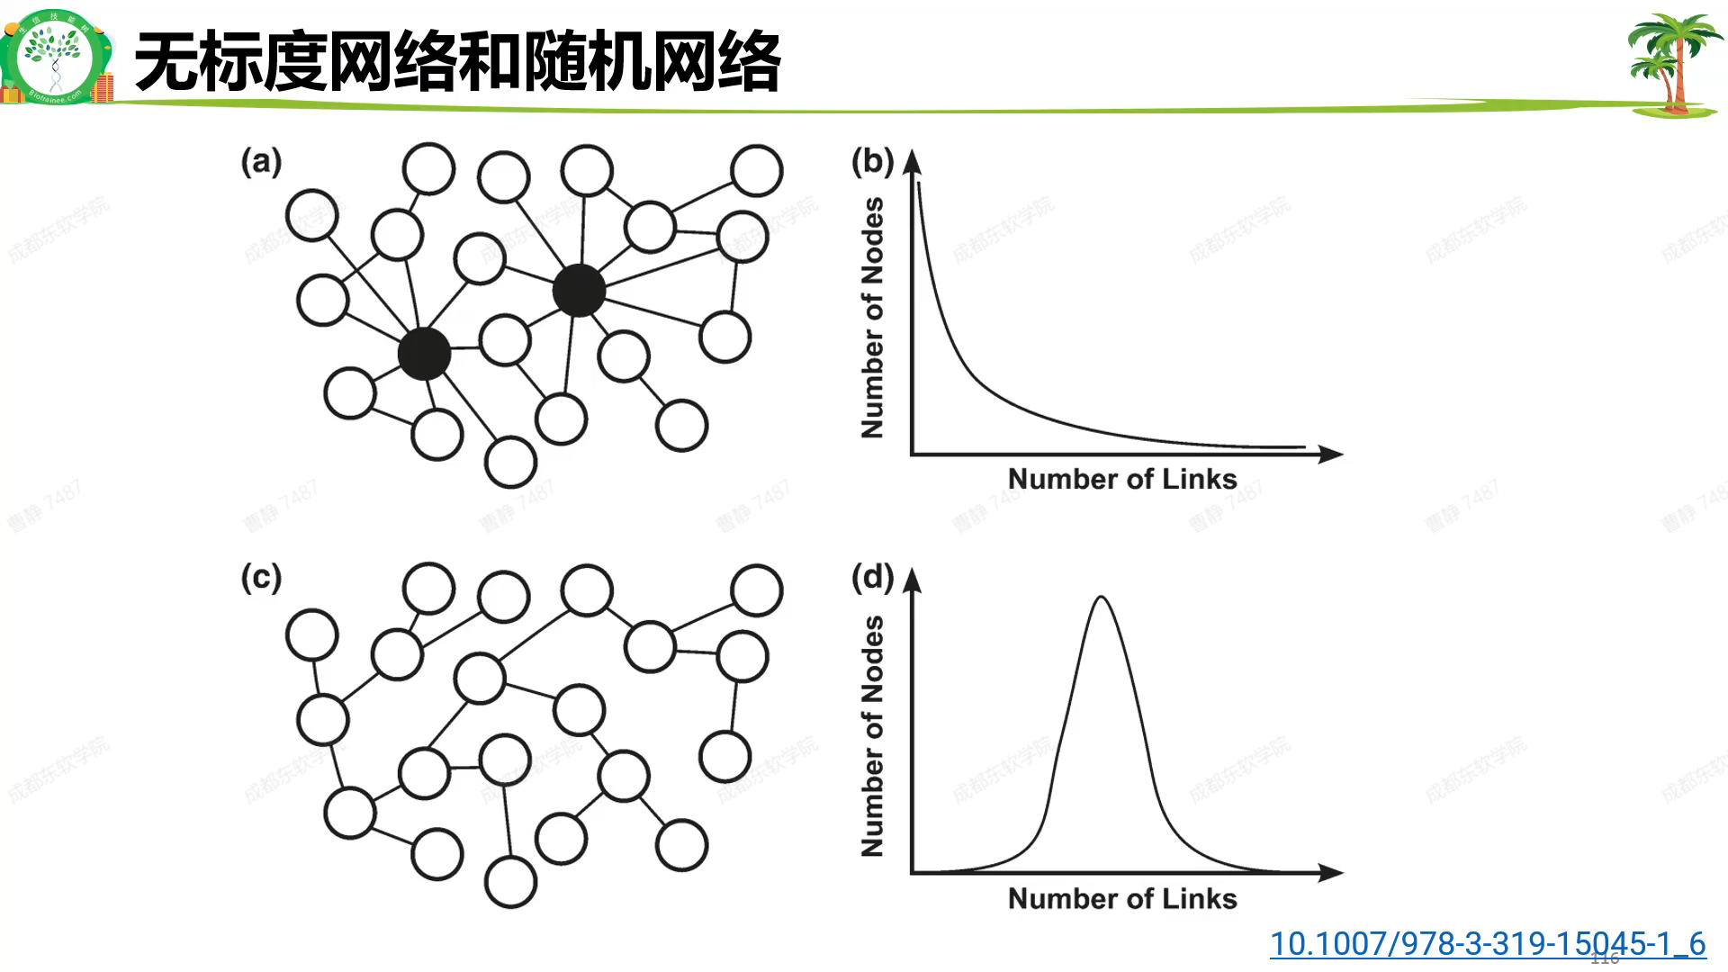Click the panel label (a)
click(261, 162)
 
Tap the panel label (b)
click(872, 161)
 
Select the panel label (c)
click(261, 577)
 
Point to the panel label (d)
click(872, 577)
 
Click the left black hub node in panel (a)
click(424, 354)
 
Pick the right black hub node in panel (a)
click(579, 290)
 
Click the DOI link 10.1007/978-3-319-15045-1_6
click(1487, 943)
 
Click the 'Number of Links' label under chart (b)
click(1122, 479)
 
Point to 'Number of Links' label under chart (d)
click(1122, 898)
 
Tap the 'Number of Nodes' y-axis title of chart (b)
click(872, 318)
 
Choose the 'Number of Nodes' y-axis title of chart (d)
click(872, 736)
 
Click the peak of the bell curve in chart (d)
click(1101, 598)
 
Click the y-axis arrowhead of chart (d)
click(913, 580)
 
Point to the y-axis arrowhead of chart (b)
click(913, 161)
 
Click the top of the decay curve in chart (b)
click(919, 184)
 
